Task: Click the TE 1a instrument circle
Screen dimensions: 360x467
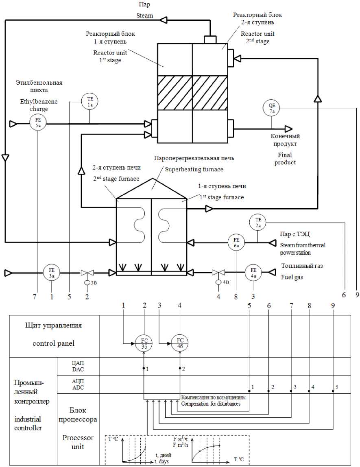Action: pos(89,102)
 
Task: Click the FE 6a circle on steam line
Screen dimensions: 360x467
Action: pos(236,242)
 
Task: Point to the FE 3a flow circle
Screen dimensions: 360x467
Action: pos(52,273)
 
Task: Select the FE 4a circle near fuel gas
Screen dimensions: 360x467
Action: pos(253,273)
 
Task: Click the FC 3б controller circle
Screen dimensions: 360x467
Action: pos(144,343)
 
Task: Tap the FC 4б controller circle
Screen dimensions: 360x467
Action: pos(180,343)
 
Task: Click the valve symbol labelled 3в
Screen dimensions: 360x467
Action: pos(87,273)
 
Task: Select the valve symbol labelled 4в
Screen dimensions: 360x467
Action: pos(218,273)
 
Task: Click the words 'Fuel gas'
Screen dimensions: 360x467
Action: pos(292,277)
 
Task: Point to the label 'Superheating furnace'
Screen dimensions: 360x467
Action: pos(194,170)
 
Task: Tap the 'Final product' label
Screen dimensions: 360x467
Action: pos(285,159)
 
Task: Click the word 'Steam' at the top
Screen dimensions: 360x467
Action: pos(144,15)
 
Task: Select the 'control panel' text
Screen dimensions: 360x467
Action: pos(54,343)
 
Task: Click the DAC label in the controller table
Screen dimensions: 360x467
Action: pos(78,370)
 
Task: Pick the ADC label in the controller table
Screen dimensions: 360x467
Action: pos(78,388)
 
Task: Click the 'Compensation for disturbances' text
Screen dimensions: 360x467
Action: pos(211,404)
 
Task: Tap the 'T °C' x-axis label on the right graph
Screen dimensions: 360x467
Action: pos(238,460)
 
